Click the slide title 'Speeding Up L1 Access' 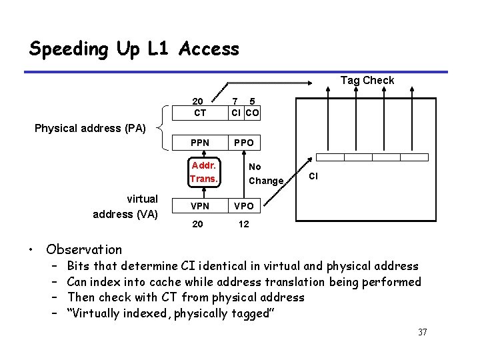134,49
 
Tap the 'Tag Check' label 367,81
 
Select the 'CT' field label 199,113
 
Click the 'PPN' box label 199,143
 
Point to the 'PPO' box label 243,143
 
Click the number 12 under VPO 243,224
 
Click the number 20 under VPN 198,224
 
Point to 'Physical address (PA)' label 90,127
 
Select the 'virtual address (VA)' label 126,206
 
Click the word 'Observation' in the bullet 84,250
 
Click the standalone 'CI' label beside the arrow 315,176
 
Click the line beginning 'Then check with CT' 186,297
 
